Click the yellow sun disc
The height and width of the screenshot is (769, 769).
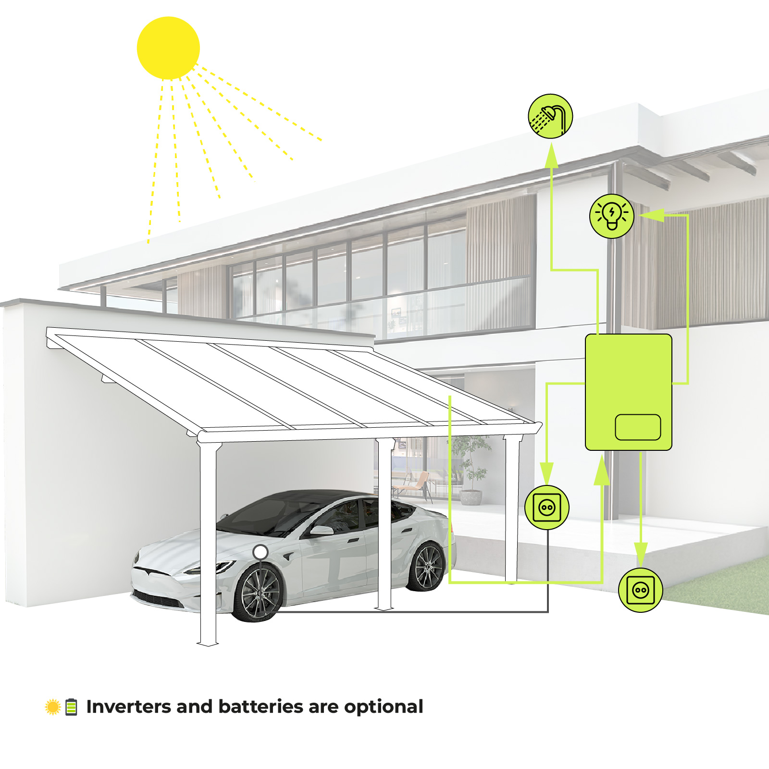click(x=168, y=48)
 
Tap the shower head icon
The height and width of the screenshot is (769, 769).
click(x=550, y=116)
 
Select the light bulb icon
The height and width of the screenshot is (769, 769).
click(x=612, y=216)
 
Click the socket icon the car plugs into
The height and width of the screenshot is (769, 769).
click(x=547, y=508)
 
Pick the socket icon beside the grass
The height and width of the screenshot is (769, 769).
click(x=641, y=590)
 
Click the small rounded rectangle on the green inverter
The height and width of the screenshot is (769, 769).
click(x=638, y=427)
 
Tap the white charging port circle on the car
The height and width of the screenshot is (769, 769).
click(x=260, y=552)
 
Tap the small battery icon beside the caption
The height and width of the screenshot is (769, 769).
click(x=71, y=707)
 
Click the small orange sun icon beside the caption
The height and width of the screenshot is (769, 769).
click(x=52, y=707)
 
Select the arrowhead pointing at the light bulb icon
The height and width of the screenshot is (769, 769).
click(x=652, y=215)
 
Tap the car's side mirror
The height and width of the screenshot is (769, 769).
click(x=321, y=530)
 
